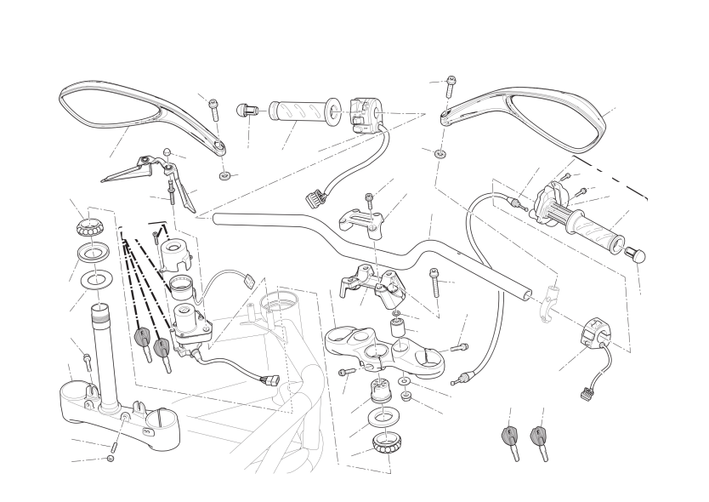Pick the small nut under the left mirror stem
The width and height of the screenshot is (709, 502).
click(x=225, y=175)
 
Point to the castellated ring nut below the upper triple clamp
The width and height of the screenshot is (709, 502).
click(x=379, y=444)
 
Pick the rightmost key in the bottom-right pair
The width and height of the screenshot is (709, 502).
click(x=538, y=438)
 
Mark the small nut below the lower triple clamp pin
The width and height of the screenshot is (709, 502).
click(x=111, y=459)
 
